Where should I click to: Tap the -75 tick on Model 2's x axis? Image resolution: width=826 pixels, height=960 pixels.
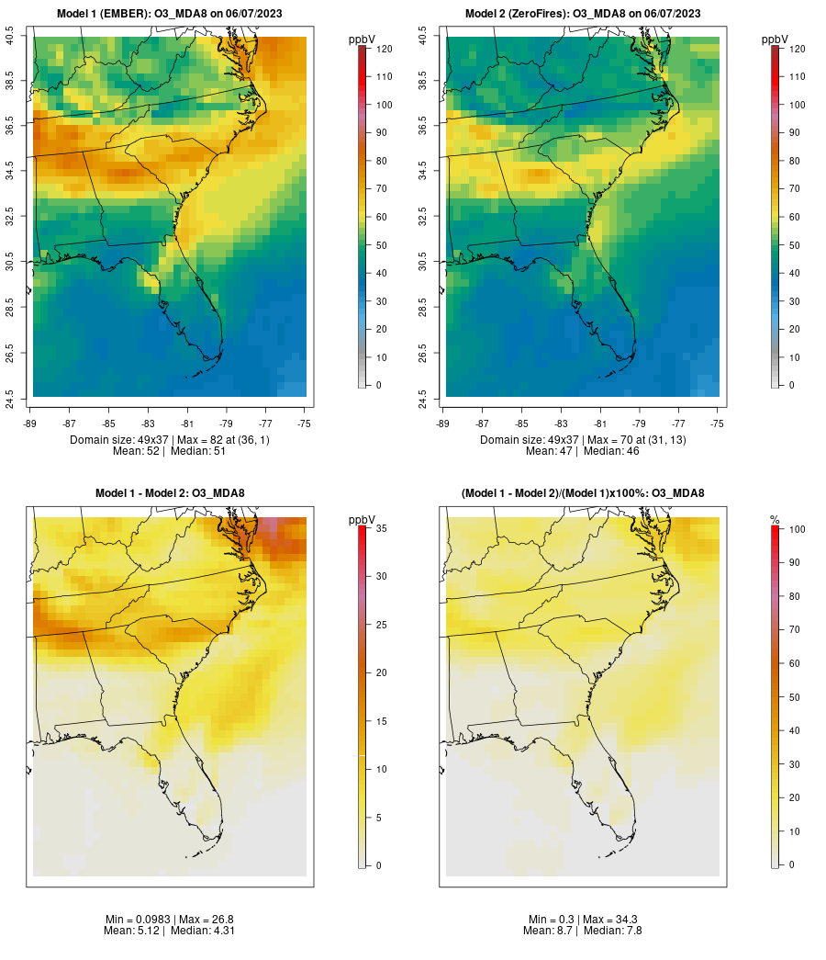718,424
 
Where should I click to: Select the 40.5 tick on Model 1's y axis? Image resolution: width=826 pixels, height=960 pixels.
9,37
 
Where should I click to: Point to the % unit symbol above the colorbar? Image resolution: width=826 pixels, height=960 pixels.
775,520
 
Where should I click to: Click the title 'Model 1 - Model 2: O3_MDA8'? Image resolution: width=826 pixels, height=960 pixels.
170,493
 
